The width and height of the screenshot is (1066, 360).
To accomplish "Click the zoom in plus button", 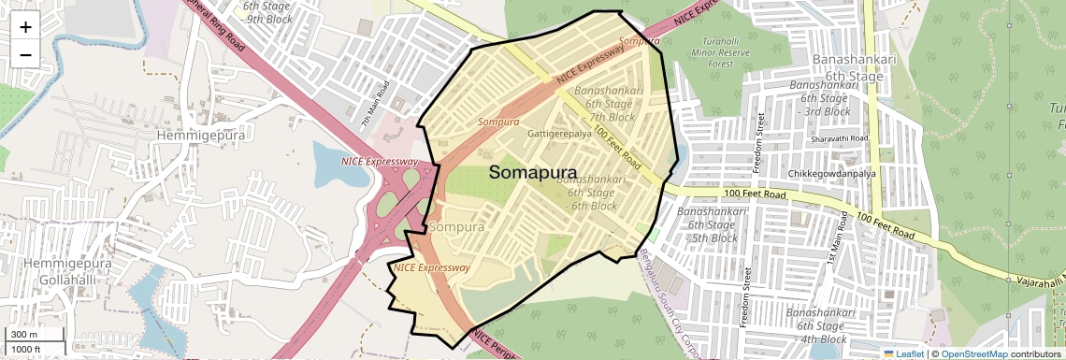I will pyautogui.click(x=25, y=26).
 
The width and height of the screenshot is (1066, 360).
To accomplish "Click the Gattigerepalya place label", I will pyautogui.click(x=559, y=134).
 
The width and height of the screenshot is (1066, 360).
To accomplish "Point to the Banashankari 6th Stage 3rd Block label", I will pyautogui.click(x=822, y=97).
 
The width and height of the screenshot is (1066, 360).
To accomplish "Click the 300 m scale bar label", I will pyautogui.click(x=24, y=335).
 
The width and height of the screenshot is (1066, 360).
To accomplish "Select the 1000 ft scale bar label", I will pyautogui.click(x=26, y=350).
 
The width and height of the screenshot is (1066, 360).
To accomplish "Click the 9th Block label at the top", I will pyautogui.click(x=269, y=18).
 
